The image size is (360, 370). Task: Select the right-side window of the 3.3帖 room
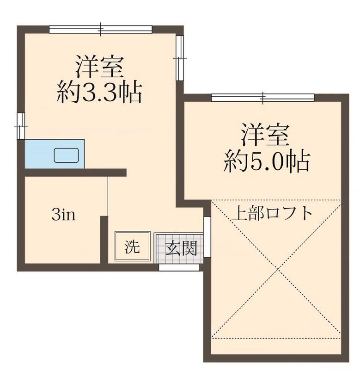180,57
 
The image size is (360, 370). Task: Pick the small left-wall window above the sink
20,125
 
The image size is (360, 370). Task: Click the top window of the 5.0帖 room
262,98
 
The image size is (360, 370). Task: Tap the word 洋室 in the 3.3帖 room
99,68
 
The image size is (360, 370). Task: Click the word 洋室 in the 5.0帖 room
265,135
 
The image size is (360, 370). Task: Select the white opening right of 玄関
207,236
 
